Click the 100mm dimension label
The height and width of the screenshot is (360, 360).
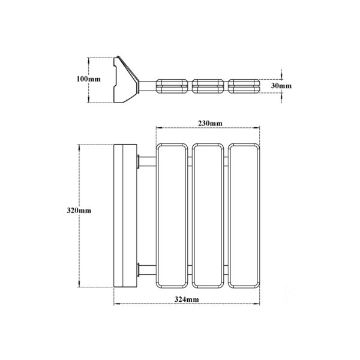pyautogui.click(x=89, y=79)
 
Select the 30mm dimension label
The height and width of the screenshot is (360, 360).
pyautogui.click(x=281, y=86)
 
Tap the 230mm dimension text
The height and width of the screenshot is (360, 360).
pyautogui.click(x=210, y=124)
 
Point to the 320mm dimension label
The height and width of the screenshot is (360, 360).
pyautogui.click(x=79, y=211)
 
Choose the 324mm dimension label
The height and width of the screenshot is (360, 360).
pyautogui.click(x=187, y=299)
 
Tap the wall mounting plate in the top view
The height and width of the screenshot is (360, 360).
pyautogui.click(x=125, y=216)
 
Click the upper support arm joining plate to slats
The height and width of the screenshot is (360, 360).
pyautogui.click(x=148, y=161)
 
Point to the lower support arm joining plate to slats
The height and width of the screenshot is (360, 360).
pyautogui.click(x=148, y=270)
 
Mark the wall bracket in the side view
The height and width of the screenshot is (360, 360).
pyautogui.click(x=126, y=79)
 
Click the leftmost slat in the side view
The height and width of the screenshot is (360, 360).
pyautogui.click(x=172, y=86)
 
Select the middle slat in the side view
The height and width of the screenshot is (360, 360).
pyautogui.click(x=208, y=86)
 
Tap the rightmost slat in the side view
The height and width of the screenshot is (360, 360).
pyautogui.click(x=244, y=86)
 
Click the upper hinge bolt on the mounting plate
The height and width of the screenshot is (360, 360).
pyautogui.click(x=138, y=161)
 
